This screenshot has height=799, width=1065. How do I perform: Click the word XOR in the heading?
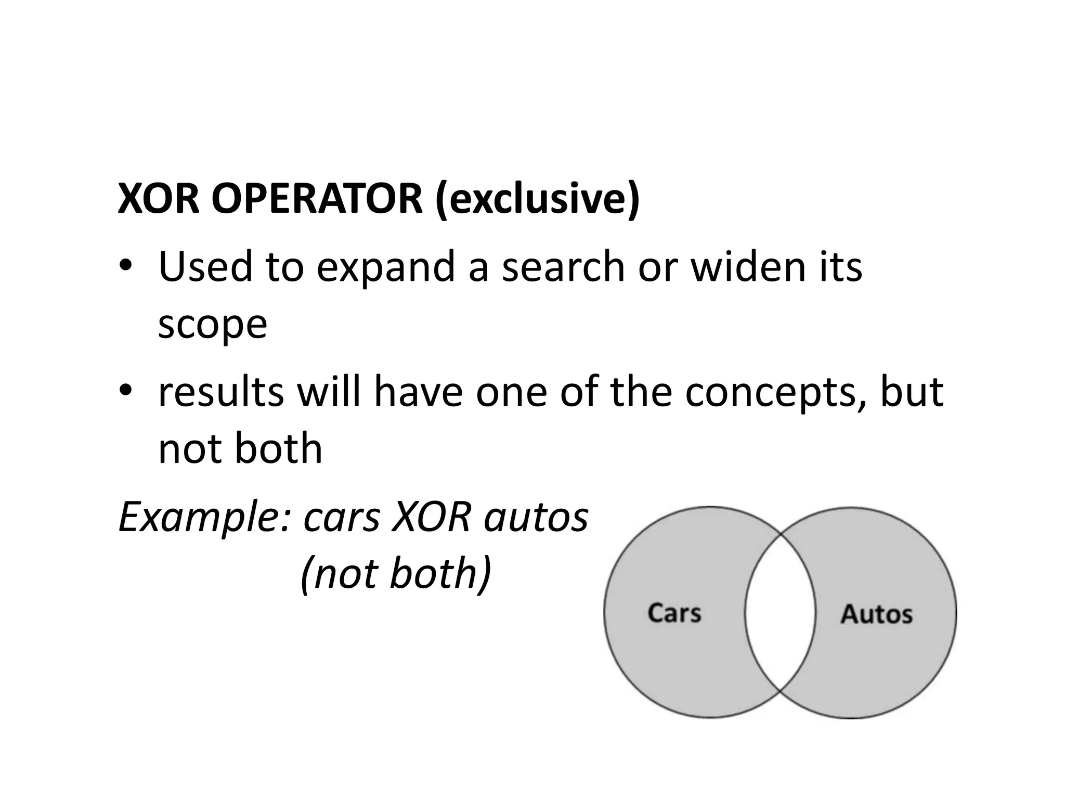(x=159, y=199)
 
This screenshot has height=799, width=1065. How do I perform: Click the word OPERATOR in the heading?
(x=317, y=199)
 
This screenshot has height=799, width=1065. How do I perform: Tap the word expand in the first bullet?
(x=386, y=267)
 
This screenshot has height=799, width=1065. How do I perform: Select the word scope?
(x=212, y=325)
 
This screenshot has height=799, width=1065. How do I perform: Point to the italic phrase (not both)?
(x=396, y=574)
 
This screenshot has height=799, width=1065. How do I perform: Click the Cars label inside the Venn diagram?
(x=674, y=613)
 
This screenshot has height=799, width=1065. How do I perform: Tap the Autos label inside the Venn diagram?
(x=876, y=614)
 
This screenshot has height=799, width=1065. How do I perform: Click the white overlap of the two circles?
(x=780, y=613)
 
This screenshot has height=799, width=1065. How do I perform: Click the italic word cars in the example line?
(x=342, y=518)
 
